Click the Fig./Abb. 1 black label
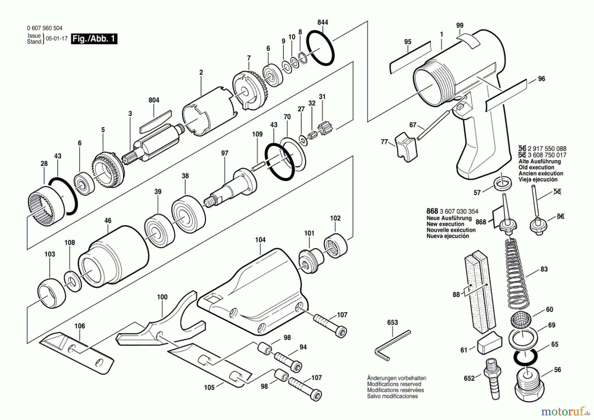[x=94, y=39]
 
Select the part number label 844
[x=323, y=22]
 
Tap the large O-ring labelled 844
[x=320, y=48]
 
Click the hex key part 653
[x=393, y=345]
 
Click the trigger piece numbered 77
[x=406, y=147]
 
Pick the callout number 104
[x=260, y=240]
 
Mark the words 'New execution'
[x=445, y=224]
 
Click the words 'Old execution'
[x=536, y=167]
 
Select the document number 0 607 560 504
[x=45, y=28]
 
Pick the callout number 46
[x=108, y=221]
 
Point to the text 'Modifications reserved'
[x=394, y=384]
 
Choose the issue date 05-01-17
[x=57, y=38]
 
